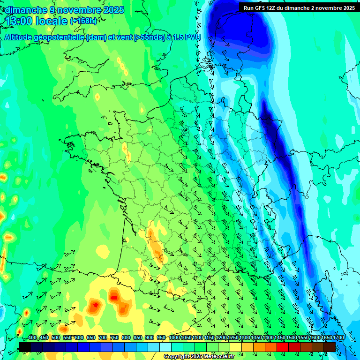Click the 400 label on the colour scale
tap(32, 337)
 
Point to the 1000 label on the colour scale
tap(174, 337)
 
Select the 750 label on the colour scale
tap(114, 337)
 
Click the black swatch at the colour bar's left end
tap(25, 347)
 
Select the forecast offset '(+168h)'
tap(83, 21)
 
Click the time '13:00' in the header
tap(19, 21)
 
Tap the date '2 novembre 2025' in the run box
tap(332, 8)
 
